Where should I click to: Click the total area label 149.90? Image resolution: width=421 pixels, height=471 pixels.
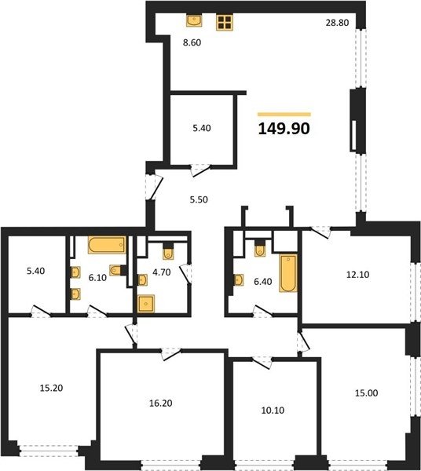[284, 129]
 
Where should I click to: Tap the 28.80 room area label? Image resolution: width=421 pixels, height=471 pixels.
[337, 23]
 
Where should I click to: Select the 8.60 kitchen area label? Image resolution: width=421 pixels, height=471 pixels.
[192, 42]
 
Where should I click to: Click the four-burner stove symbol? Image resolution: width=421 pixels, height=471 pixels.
[225, 23]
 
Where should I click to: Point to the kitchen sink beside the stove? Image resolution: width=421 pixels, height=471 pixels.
[194, 20]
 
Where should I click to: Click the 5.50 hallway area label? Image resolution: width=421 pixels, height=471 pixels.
[199, 199]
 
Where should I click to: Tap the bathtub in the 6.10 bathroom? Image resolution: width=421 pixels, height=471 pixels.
[107, 245]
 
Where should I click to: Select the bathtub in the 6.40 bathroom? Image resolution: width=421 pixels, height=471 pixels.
[288, 273]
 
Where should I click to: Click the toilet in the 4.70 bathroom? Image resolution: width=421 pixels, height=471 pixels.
[168, 252]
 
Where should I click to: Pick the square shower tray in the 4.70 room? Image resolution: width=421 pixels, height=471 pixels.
[146, 304]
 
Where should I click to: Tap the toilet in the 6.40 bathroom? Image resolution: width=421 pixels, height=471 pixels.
[260, 249]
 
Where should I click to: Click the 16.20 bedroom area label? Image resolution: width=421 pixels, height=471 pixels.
[161, 403]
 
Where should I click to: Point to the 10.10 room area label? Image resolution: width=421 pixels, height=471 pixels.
[273, 410]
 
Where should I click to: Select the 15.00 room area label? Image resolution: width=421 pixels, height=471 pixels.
[367, 393]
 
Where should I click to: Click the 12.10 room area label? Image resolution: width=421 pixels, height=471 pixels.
[358, 275]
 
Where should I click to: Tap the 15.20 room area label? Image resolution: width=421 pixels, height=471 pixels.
[51, 388]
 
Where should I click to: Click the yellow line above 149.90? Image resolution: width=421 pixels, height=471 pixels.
[284, 114]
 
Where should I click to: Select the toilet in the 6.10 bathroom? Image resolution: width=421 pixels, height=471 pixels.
[117, 270]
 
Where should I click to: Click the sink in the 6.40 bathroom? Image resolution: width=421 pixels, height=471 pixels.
[239, 280]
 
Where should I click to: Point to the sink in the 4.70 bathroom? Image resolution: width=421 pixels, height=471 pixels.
[142, 280]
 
